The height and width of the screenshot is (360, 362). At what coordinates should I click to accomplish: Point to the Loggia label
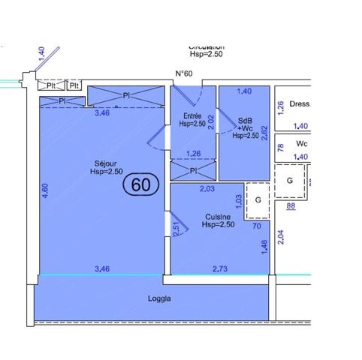[159, 298]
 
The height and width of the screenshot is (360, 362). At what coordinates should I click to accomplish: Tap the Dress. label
[300, 105]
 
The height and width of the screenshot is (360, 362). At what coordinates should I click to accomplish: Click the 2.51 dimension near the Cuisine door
[176, 228]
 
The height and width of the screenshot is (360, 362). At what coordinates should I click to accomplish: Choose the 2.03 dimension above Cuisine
[208, 189]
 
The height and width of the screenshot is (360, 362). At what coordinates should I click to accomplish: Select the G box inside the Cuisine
[258, 199]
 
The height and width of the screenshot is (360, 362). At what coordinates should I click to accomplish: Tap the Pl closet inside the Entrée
[193, 171]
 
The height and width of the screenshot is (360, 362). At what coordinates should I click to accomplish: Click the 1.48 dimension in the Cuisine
[264, 247]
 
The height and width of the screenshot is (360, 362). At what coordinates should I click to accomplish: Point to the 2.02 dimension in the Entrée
[210, 122]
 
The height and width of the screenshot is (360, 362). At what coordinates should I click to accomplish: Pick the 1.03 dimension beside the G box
[239, 201]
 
